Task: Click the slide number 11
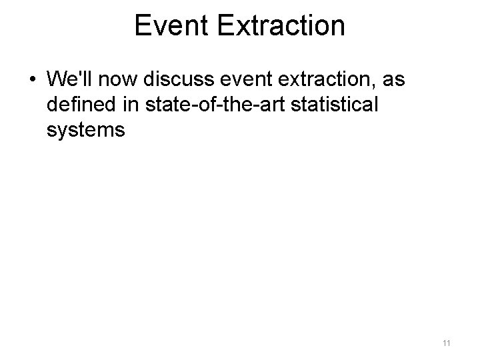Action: (446, 343)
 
